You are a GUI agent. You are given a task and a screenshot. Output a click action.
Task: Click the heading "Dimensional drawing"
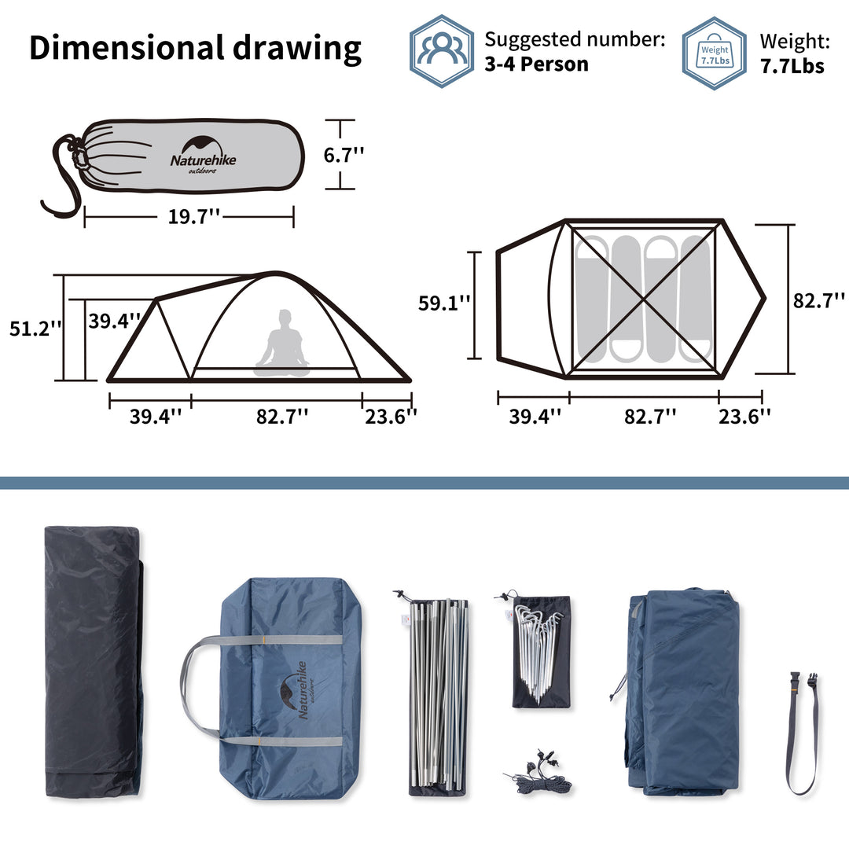tap(195, 49)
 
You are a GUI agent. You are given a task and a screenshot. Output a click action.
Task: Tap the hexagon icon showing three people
tap(442, 51)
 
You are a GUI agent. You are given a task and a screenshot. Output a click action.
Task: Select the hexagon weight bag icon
tap(714, 53)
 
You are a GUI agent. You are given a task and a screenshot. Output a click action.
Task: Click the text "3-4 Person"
tap(536, 64)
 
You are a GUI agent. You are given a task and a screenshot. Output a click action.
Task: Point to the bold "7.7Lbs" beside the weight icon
tap(792, 66)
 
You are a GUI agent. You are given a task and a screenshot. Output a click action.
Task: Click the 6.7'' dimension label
tap(344, 155)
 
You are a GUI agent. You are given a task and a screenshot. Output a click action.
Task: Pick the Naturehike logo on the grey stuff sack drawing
tap(203, 153)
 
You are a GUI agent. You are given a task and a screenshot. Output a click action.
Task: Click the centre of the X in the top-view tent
tap(644, 300)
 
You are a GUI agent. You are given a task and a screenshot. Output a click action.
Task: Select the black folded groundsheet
tap(92, 660)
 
